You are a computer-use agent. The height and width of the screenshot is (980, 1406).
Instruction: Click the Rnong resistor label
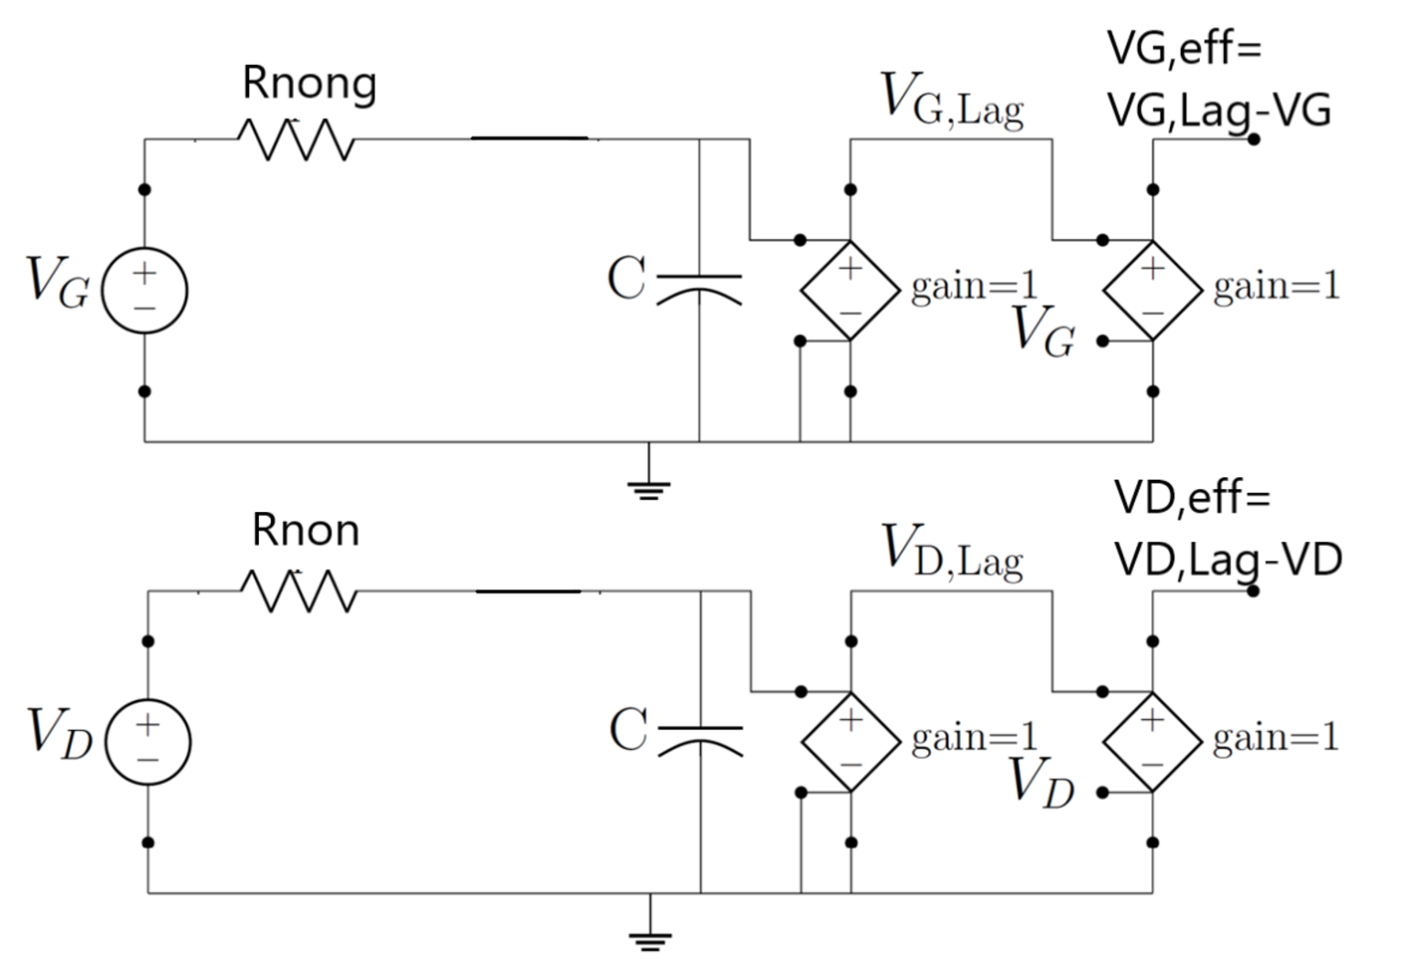(x=309, y=84)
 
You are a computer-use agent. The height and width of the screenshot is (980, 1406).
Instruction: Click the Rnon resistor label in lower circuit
(x=306, y=531)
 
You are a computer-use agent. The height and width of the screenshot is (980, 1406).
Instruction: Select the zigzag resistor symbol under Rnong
(x=295, y=140)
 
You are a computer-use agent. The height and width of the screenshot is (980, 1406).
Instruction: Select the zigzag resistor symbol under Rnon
(x=298, y=592)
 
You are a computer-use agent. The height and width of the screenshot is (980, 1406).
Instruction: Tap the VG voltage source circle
(x=145, y=290)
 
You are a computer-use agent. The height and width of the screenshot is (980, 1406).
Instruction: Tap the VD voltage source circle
(x=148, y=742)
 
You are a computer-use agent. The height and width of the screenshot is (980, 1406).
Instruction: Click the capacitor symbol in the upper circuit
(x=699, y=286)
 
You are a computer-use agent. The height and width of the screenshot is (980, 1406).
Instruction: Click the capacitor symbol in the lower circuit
(x=701, y=738)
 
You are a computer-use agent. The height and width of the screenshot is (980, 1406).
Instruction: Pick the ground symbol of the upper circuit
(x=649, y=487)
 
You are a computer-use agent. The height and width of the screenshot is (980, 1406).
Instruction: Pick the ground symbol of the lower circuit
(x=650, y=938)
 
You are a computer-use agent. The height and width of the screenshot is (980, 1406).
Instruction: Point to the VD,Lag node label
(x=952, y=551)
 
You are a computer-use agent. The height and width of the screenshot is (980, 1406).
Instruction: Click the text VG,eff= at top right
(x=1184, y=48)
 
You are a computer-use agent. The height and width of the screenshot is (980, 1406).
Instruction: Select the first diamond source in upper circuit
(x=850, y=290)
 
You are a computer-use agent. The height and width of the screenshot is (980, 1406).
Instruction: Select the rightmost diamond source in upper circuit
(x=1152, y=290)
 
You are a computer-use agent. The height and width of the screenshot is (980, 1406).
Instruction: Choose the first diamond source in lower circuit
(x=851, y=742)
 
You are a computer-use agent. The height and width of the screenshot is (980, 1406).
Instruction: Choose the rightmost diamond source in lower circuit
(x=1152, y=742)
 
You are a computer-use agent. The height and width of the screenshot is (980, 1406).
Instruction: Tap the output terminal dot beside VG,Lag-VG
(x=1253, y=139)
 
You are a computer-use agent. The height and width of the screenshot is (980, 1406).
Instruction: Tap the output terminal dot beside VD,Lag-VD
(x=1253, y=591)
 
